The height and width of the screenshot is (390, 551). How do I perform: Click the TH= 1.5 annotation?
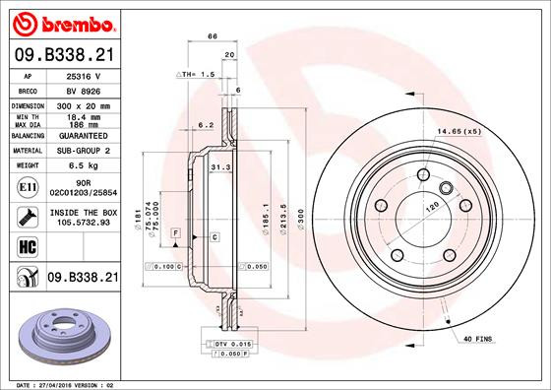[198, 75]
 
